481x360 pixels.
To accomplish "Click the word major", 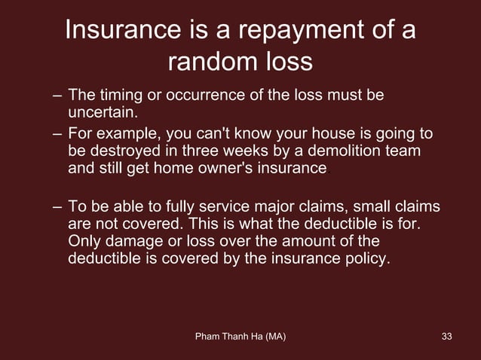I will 280,207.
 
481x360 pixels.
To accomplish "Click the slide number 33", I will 447,335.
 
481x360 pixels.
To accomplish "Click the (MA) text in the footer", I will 271,335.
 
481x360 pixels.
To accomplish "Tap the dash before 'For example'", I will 58,135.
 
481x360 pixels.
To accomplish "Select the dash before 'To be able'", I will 58,207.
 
